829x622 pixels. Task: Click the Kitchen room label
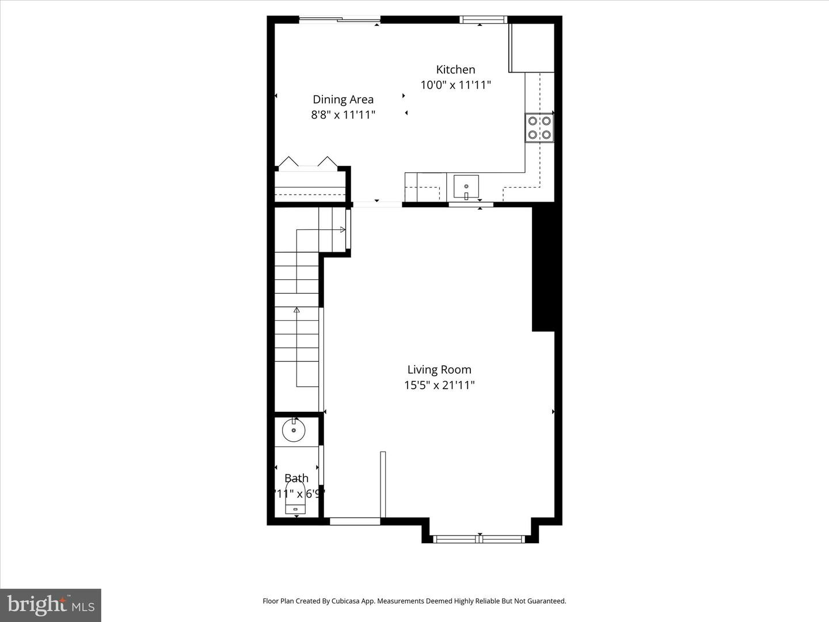(455, 70)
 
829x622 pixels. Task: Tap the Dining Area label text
(343, 100)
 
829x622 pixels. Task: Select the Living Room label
(439, 370)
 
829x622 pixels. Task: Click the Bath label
(296, 478)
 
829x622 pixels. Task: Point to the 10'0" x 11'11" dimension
(455, 85)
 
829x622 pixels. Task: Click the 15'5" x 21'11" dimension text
(439, 385)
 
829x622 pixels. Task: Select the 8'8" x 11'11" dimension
(343, 115)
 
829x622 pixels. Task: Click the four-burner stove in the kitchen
(539, 128)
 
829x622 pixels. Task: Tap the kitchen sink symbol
(466, 187)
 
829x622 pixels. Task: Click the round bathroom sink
(294, 430)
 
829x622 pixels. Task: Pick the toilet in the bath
(295, 499)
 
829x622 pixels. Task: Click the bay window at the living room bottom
(479, 539)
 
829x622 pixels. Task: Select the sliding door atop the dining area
(340, 20)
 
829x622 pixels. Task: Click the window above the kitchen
(482, 20)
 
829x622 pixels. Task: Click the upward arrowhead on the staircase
(296, 310)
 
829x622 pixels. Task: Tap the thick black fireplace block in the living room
(543, 268)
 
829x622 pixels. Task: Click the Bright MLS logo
(51, 605)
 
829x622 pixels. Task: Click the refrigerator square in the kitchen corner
(531, 48)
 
